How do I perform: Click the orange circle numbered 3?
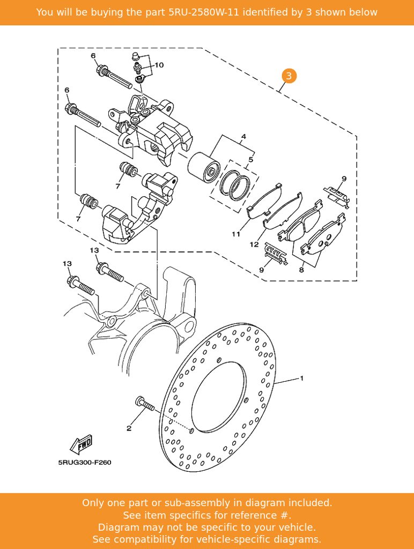(x=289, y=76)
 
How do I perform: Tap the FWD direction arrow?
(x=82, y=444)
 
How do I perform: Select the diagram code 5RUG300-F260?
(x=85, y=463)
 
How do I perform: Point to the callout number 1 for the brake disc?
(x=301, y=378)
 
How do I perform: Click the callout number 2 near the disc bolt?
(x=129, y=428)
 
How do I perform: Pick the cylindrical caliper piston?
(x=203, y=168)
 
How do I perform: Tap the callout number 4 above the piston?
(x=244, y=136)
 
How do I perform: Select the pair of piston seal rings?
(x=235, y=185)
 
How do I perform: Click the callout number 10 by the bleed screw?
(x=159, y=65)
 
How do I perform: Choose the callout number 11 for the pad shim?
(x=236, y=234)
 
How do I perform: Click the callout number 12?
(x=254, y=244)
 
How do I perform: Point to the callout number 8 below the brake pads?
(x=301, y=270)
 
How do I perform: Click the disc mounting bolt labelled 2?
(x=144, y=404)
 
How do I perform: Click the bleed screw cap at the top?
(x=136, y=56)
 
